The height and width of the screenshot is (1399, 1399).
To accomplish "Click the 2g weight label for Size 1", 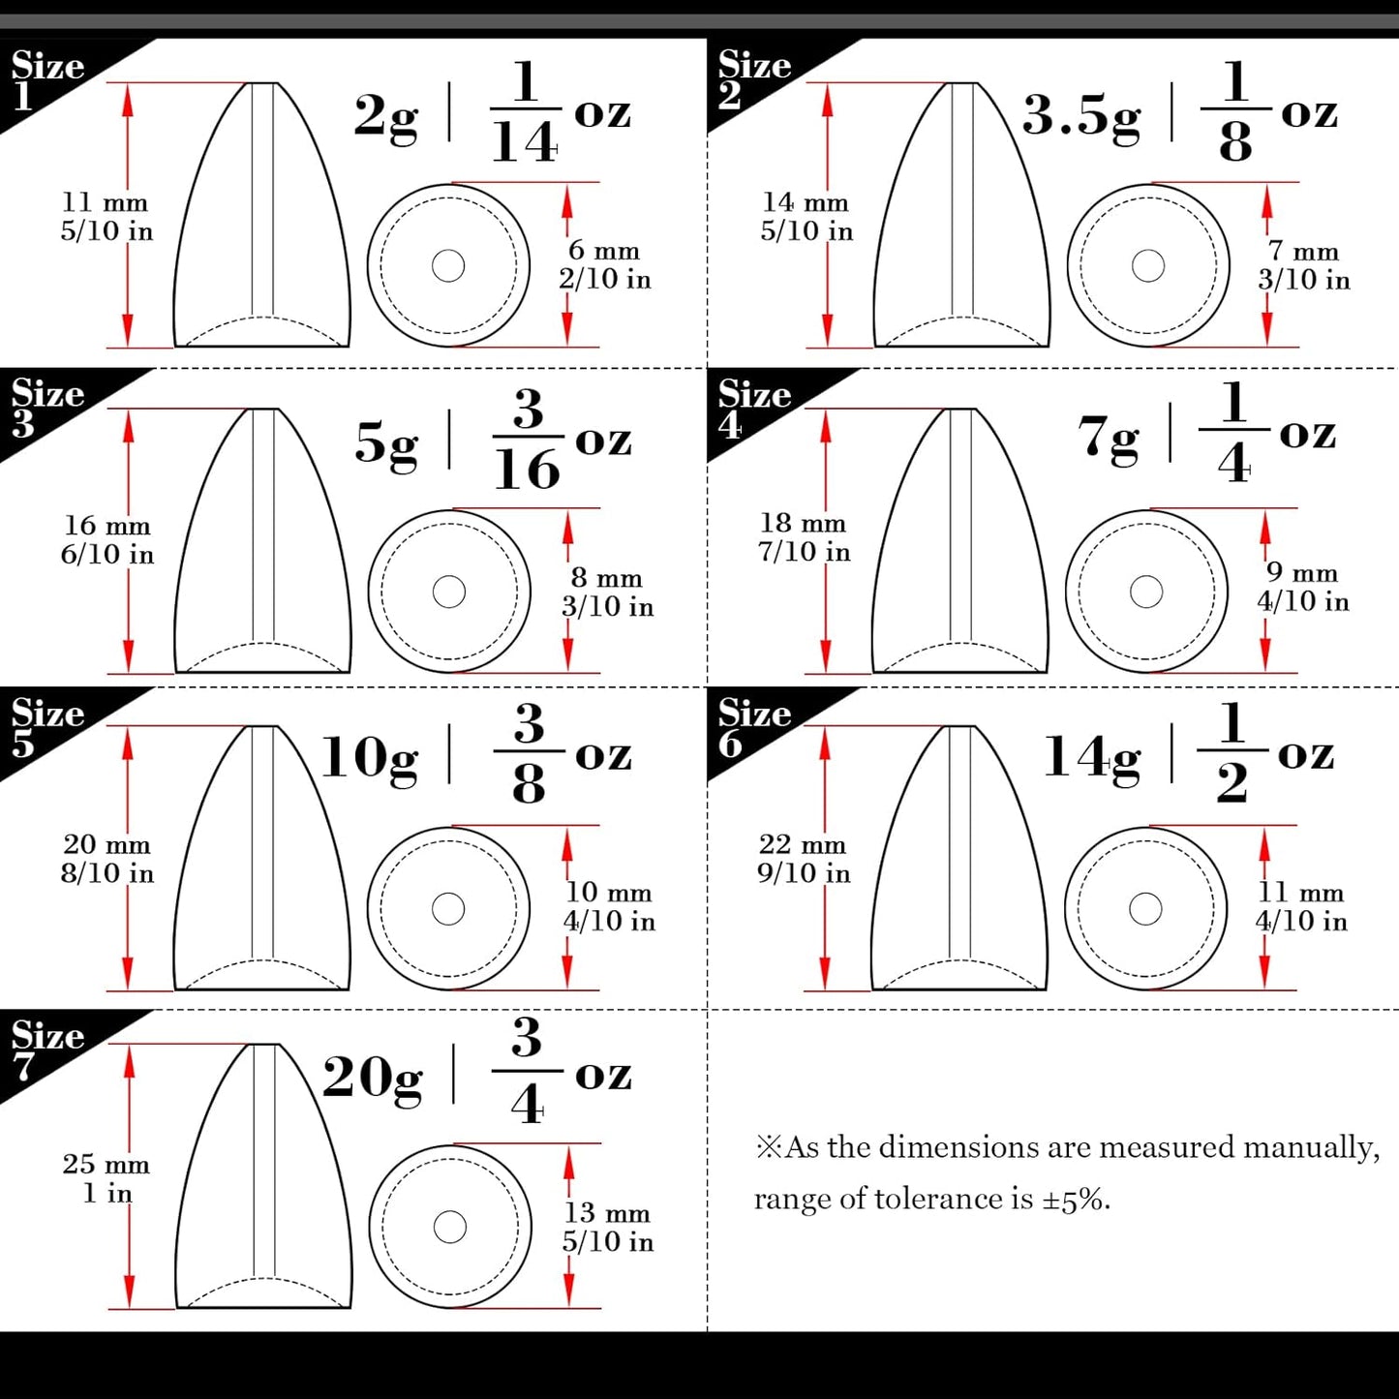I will (385, 116).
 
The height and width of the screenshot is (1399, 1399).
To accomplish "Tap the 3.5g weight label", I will (1080, 116).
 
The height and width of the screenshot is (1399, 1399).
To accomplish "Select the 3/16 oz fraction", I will (528, 441).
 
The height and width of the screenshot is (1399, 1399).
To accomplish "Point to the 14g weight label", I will (1091, 757).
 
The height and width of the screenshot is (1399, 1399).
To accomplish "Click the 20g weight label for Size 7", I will (372, 1078).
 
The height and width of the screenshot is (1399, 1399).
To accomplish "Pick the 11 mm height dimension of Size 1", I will (105, 203).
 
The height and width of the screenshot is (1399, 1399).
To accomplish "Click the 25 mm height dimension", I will (106, 1164).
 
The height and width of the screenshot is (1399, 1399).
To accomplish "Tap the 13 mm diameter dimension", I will (607, 1213).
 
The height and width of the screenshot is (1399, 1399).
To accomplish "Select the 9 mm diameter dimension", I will (1302, 573).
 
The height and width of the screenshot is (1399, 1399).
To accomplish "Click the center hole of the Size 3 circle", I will (449, 592).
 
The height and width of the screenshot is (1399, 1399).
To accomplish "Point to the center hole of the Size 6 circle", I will (1145, 909).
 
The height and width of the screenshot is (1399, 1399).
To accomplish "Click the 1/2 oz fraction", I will (1232, 752).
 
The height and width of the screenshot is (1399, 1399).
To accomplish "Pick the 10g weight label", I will (369, 757).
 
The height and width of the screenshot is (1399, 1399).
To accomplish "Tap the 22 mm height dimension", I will (802, 844).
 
